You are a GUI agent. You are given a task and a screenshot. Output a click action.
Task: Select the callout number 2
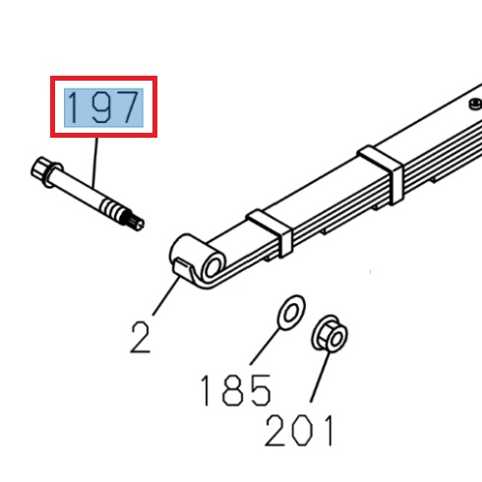(x=141, y=336)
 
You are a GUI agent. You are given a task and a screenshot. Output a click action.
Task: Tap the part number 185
(x=235, y=391)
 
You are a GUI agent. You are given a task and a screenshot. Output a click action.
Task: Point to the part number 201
(x=300, y=431)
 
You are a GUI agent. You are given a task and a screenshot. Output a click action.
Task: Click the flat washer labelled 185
(x=289, y=314)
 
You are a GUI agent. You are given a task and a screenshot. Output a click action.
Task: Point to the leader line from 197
(x=95, y=162)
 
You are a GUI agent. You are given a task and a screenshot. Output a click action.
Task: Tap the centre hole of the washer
(x=289, y=314)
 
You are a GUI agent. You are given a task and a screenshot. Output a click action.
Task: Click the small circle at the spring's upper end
(x=475, y=101)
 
